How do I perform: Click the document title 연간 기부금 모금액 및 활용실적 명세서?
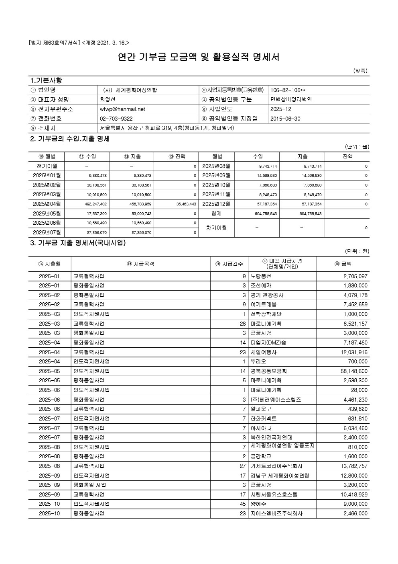tap(199, 57)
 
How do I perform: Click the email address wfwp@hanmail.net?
tap(122, 109)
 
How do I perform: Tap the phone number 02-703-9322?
tap(116, 119)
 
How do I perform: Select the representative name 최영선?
tap(107, 99)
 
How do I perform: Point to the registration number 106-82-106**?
tap(288, 90)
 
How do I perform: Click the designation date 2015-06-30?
tap(285, 119)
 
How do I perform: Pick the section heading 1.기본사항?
tap(46, 80)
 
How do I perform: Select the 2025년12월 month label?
tap(216, 204)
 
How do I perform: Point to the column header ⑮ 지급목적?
tap(140, 264)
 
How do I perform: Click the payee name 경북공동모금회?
tap(268, 371)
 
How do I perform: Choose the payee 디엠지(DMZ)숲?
tap(268, 343)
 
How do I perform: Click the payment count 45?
tap(242, 504)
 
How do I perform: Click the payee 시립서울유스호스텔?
tap(274, 494)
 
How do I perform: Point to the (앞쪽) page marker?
tap(360, 71)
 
